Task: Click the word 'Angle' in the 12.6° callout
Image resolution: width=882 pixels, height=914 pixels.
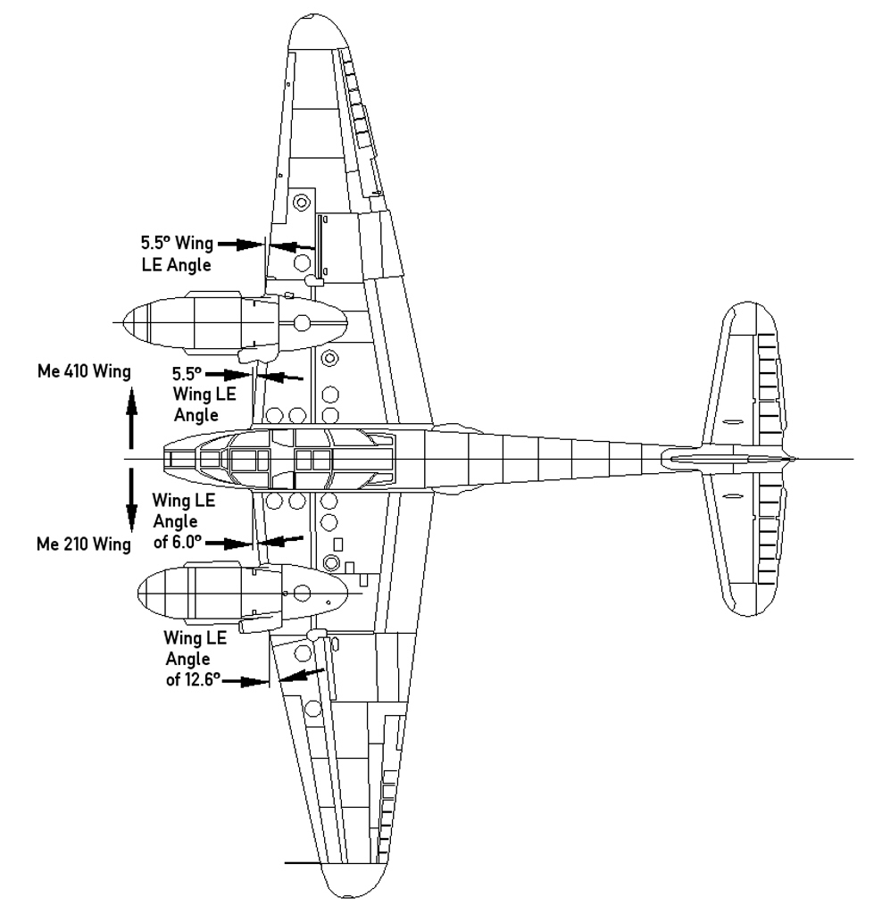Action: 187,660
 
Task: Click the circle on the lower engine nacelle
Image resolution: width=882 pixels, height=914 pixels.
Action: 302,592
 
